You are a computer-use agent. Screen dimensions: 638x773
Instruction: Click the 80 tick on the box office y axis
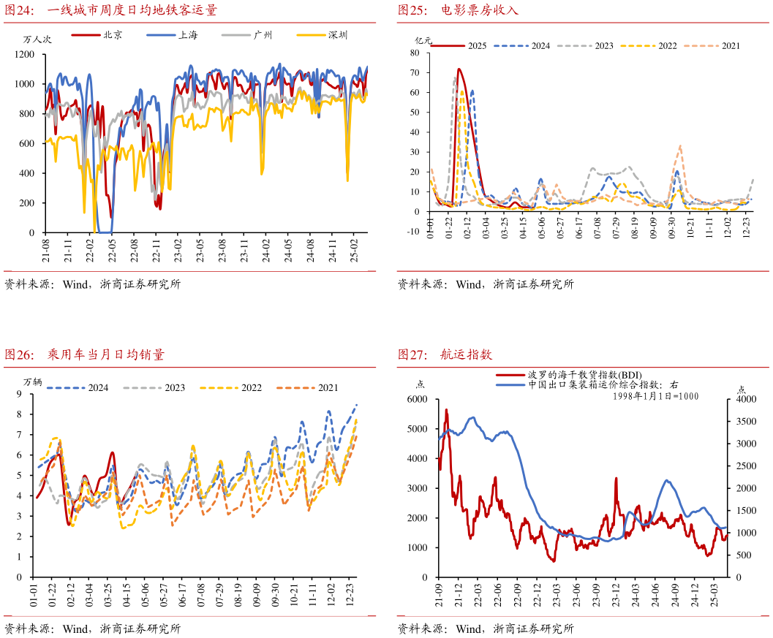pos(415,53)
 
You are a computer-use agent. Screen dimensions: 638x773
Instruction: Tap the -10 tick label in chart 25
pos(413,232)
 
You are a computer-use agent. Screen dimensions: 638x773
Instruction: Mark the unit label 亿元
pos(423,39)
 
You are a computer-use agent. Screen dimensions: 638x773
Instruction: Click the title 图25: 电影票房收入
pos(458,10)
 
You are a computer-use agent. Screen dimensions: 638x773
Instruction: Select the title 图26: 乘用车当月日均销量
pos(85,355)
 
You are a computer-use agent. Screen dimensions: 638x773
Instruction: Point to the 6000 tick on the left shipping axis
pos(417,399)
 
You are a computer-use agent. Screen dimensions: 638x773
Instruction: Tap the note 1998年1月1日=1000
pos(656,395)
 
